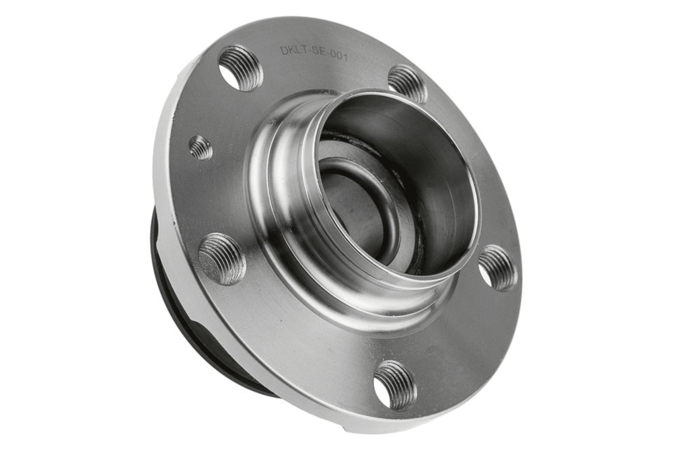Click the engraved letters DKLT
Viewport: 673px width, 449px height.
click(x=294, y=50)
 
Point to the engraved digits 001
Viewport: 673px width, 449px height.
click(x=339, y=57)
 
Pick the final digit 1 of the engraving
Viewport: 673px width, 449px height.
click(x=345, y=57)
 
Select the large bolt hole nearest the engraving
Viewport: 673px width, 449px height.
click(x=240, y=68)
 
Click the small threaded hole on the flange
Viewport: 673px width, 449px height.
click(x=201, y=147)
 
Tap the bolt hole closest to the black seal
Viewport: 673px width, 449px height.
click(x=222, y=259)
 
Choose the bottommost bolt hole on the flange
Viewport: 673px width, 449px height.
click(x=395, y=386)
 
